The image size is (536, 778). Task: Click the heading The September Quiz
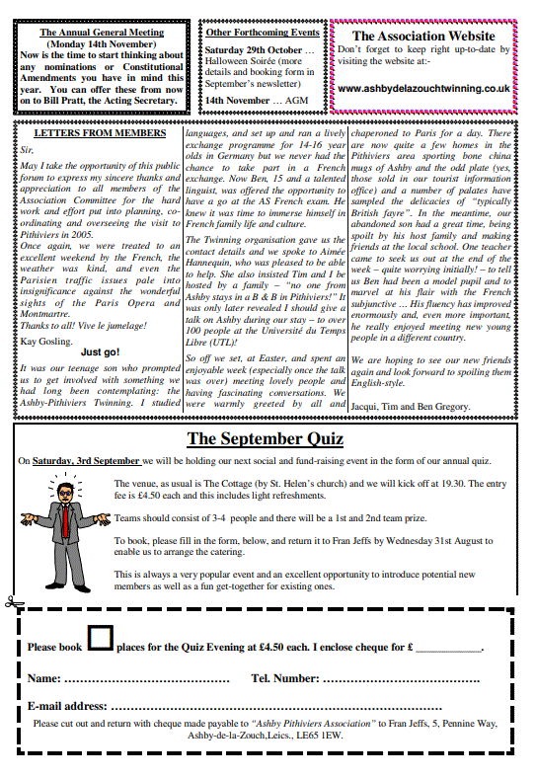(x=265, y=438)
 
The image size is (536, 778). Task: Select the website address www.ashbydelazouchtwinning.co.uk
(x=423, y=87)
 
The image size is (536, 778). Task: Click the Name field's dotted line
(x=147, y=679)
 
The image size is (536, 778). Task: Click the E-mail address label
(x=67, y=706)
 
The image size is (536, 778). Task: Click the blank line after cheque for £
(x=448, y=648)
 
